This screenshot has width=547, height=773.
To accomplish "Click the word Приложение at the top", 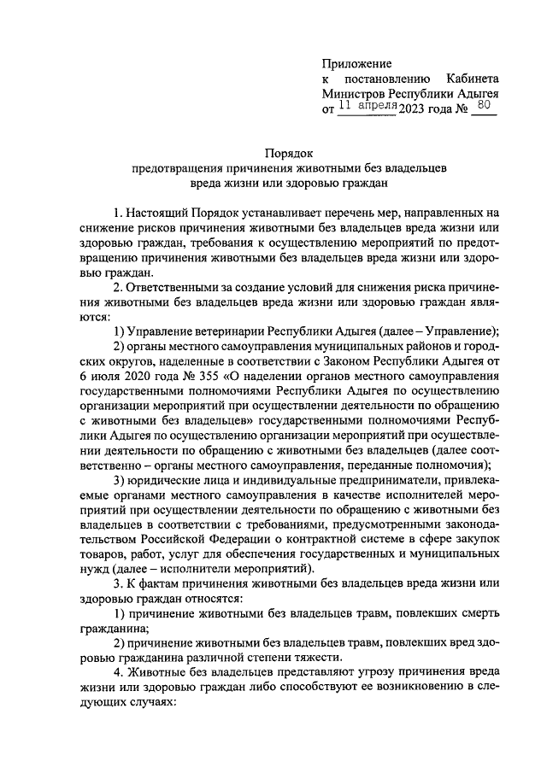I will (356, 63).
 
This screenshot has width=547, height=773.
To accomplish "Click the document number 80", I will (483, 106).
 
